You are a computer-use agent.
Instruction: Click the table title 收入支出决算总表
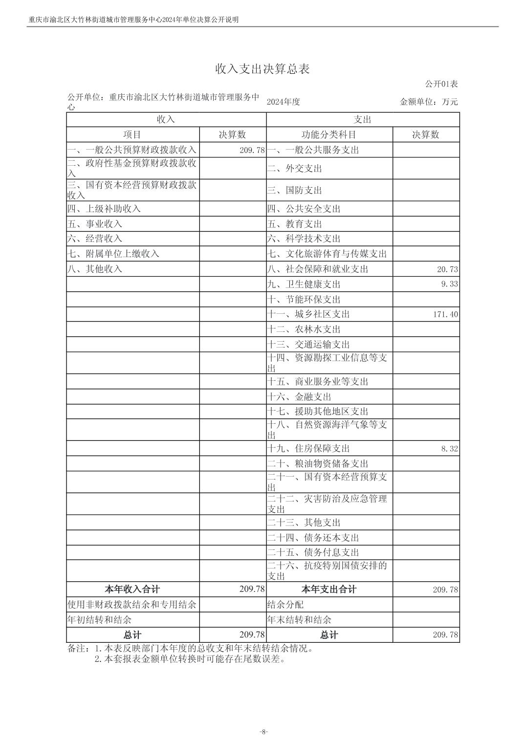point(262,69)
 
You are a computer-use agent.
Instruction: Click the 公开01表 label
point(441,84)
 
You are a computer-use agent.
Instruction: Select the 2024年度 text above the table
point(284,102)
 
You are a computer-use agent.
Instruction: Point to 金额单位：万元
point(429,102)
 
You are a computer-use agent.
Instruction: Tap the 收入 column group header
point(166,119)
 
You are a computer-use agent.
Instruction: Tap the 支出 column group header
point(363,119)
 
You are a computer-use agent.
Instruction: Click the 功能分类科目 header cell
point(329,134)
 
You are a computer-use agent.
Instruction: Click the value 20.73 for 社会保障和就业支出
point(448,269)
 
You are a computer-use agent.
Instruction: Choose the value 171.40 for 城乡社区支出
point(445,314)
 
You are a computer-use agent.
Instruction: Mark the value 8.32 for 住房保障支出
point(449,449)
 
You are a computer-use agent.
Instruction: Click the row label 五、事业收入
point(95,224)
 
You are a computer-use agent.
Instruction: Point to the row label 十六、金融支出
point(299,396)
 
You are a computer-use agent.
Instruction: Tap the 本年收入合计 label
point(132,589)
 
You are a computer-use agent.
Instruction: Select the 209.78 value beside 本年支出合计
point(445,590)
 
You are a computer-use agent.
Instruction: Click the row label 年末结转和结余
point(299,620)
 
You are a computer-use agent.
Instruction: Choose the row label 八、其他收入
point(95,269)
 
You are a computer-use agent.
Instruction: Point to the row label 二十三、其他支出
point(304,523)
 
